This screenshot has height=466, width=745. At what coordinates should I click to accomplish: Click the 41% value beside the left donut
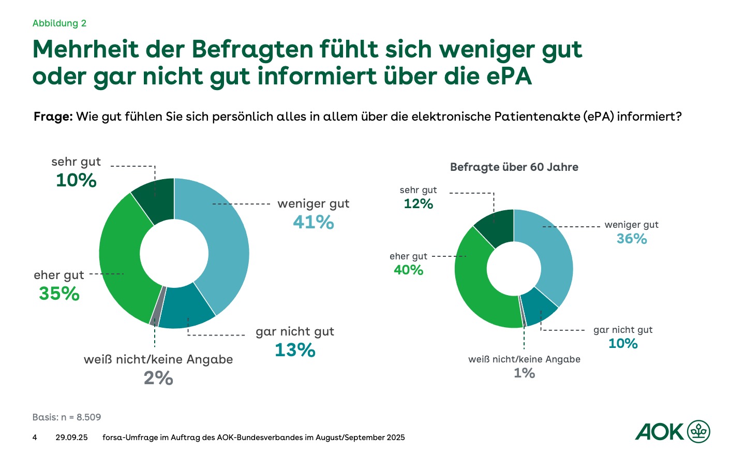tap(314, 223)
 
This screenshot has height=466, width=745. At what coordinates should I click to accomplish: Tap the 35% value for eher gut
tap(59, 294)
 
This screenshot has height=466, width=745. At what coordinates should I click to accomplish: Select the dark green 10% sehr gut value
tap(76, 180)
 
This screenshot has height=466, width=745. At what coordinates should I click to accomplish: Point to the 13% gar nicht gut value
tap(295, 351)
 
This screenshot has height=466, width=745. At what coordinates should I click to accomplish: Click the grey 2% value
tap(158, 378)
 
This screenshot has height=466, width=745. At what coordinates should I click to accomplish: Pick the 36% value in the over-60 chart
tap(632, 239)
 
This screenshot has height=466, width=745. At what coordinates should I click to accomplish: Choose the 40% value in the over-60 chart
tap(409, 270)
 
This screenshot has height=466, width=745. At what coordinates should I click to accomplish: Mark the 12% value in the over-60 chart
tap(419, 204)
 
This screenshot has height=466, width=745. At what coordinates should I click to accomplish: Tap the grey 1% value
tap(524, 373)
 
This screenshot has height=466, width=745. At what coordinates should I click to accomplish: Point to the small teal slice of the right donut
tap(539, 307)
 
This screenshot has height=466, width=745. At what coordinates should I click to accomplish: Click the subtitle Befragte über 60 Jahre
tap(514, 167)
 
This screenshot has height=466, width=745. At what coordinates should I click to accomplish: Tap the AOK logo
tap(673, 431)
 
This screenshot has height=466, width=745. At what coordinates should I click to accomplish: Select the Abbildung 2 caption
tap(59, 23)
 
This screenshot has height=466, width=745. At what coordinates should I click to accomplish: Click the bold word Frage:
tap(53, 116)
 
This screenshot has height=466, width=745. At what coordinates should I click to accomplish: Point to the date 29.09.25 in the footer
tap(71, 438)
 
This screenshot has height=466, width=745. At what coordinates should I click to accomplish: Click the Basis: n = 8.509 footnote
tap(67, 417)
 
